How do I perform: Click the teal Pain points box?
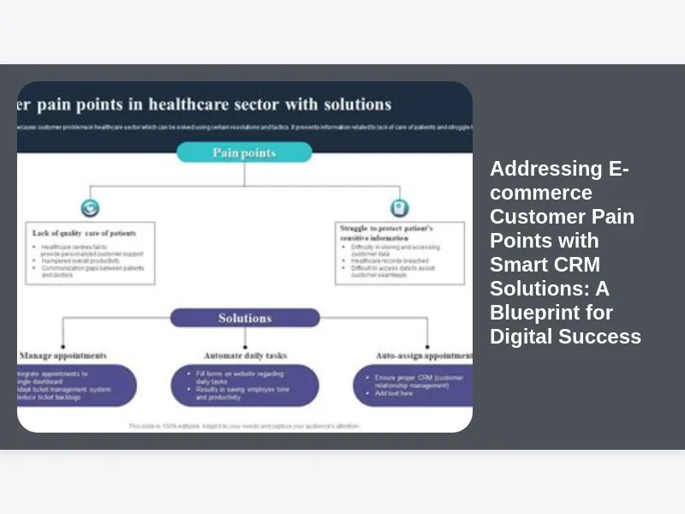click(244, 152)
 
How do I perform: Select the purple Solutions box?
click(245, 318)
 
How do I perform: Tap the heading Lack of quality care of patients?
click(84, 232)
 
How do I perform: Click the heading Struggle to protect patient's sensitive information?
click(387, 234)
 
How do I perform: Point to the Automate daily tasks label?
click(245, 355)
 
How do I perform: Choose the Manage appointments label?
click(64, 355)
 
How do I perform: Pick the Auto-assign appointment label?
click(423, 355)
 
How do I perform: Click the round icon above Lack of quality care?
click(90, 207)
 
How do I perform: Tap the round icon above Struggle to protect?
click(399, 207)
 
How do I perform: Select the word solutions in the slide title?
click(357, 105)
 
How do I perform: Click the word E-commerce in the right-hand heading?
click(559, 181)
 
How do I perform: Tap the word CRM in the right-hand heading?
click(575, 264)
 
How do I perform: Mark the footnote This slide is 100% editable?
click(244, 426)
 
